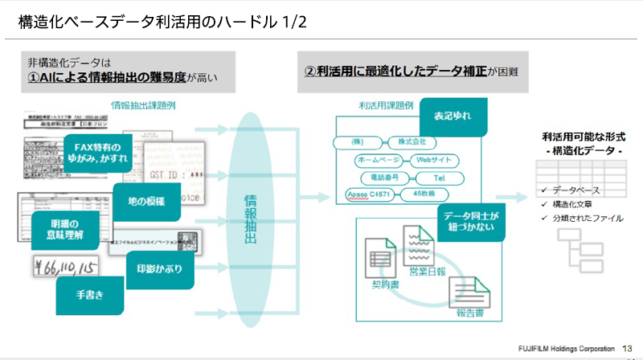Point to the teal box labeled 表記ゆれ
(x=452, y=116)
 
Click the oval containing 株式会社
(x=412, y=142)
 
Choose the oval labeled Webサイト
(x=433, y=159)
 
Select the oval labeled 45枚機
(x=424, y=194)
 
